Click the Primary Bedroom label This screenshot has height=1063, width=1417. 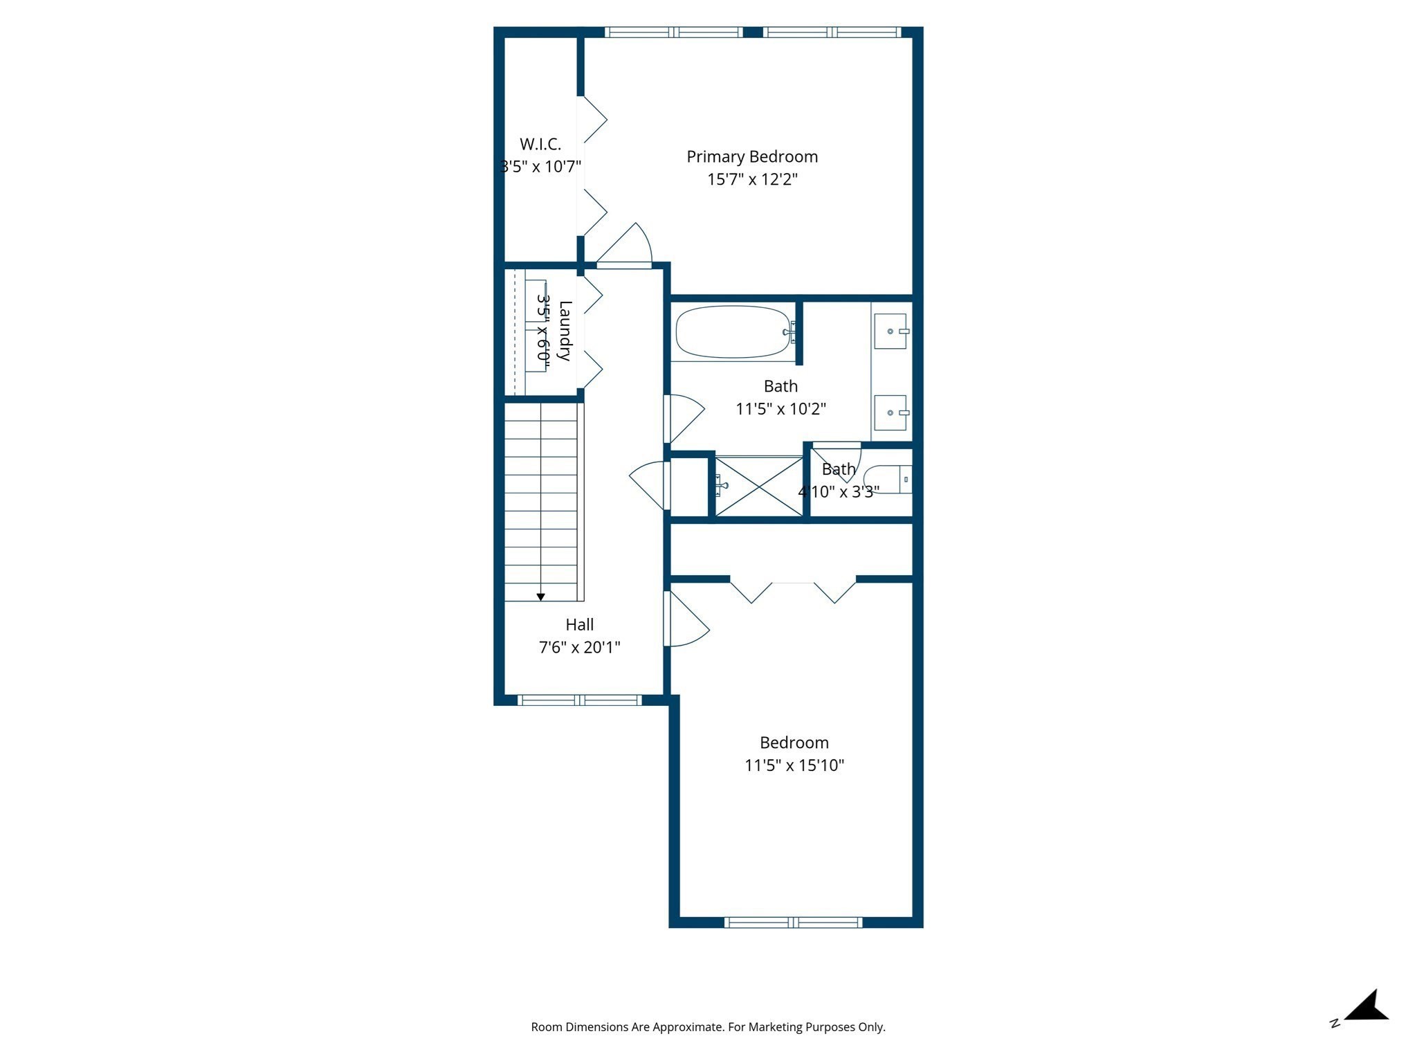pyautogui.click(x=752, y=157)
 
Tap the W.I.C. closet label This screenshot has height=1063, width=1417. pyautogui.click(x=540, y=144)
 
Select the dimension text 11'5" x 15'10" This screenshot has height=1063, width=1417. pyautogui.click(x=794, y=765)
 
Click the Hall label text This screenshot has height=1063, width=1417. pyautogui.click(x=580, y=625)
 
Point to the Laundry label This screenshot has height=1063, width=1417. pyautogui.click(x=565, y=331)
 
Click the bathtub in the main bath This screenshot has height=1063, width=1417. pyautogui.click(x=733, y=332)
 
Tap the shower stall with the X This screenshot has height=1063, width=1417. pyautogui.click(x=759, y=487)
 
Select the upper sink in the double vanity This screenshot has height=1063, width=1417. pyautogui.click(x=891, y=331)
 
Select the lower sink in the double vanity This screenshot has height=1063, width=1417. pyautogui.click(x=891, y=412)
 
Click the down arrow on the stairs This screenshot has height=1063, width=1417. pyautogui.click(x=541, y=596)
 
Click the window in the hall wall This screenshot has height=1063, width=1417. pyautogui.click(x=580, y=700)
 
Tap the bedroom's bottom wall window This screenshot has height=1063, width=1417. pyautogui.click(x=794, y=922)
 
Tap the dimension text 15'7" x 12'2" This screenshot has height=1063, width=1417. pyautogui.click(x=752, y=180)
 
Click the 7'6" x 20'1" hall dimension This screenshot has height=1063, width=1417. pyautogui.click(x=580, y=648)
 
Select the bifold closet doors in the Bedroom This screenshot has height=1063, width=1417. pyautogui.click(x=793, y=590)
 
